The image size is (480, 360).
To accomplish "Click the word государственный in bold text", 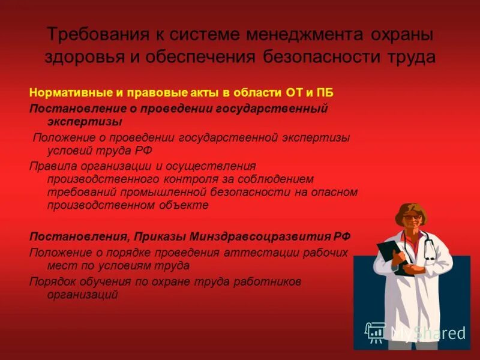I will [275, 109].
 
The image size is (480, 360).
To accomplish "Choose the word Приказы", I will [161, 235].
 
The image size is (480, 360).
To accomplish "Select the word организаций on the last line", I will [83, 295].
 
